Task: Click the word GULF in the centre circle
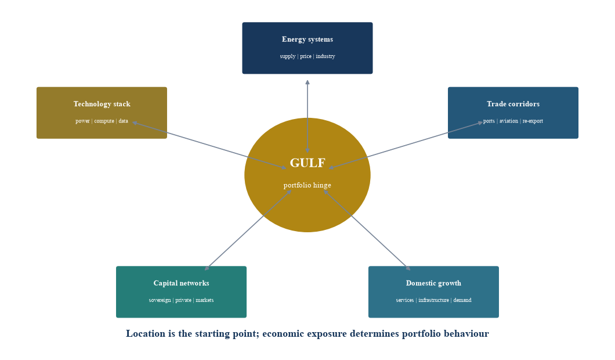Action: tap(307, 163)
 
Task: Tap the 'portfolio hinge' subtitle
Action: tap(307, 185)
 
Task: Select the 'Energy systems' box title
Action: tap(307, 39)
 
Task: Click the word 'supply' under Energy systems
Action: tap(288, 56)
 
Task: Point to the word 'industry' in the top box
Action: tap(325, 56)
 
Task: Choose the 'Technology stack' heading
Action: tap(102, 104)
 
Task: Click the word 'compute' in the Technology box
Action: tap(104, 121)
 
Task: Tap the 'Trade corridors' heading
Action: tap(513, 104)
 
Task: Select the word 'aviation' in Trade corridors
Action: tap(509, 121)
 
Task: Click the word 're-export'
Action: tap(533, 121)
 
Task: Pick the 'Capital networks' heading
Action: tap(181, 283)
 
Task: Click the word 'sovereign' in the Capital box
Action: tap(160, 300)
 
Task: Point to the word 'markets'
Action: tap(205, 300)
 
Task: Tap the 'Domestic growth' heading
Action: tap(433, 283)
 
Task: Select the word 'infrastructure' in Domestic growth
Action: tap(433, 300)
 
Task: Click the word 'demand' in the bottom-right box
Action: tap(462, 300)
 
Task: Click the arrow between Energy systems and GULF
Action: tap(307, 116)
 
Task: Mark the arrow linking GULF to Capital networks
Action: tap(248, 231)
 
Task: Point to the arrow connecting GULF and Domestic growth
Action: tap(367, 231)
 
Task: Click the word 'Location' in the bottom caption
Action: tap(146, 334)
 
